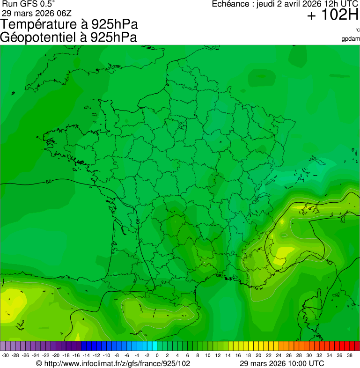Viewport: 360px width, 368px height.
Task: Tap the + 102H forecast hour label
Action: pyautogui.click(x=332, y=15)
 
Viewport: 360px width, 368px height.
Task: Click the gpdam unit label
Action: pyautogui.click(x=351, y=39)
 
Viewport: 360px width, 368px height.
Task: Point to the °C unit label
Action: pyautogui.click(x=357, y=30)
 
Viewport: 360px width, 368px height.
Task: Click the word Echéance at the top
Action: pyautogui.click(x=231, y=4)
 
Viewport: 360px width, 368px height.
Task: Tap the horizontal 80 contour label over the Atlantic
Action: pyautogui.click(x=49, y=182)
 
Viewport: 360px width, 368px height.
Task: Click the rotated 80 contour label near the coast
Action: pyautogui.click(x=138, y=221)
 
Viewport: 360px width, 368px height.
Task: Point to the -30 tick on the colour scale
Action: pyautogui.click(x=5, y=355)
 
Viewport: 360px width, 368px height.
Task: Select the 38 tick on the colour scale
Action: pyautogui.click(x=349, y=355)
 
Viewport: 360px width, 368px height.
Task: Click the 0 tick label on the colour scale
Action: pyautogui.click(x=157, y=355)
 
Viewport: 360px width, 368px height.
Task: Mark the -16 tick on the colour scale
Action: pyautogui.click(x=76, y=355)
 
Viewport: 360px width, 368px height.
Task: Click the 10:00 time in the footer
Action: pyautogui.click(x=293, y=363)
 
